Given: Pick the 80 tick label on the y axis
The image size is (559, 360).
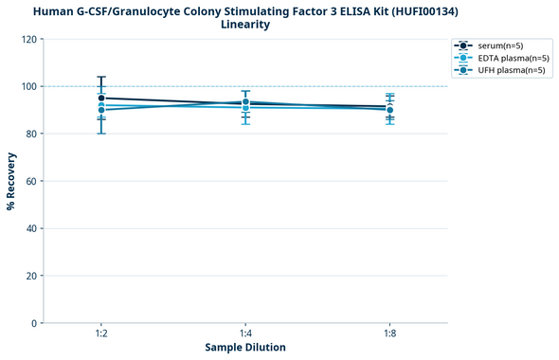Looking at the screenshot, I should point(32,134).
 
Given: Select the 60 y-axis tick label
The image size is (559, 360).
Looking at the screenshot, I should point(32,181).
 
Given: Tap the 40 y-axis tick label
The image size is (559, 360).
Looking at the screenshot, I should point(32,228).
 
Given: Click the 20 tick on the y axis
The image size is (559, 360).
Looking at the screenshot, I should point(32,276).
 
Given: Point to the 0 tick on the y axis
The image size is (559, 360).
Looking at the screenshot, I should point(35,323).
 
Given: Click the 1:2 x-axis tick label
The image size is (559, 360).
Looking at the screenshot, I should point(101,334).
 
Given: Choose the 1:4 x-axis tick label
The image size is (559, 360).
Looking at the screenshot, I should point(245,334).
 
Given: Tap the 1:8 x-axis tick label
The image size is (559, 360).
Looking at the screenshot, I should point(389,334).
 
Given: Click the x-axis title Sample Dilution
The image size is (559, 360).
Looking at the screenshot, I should point(245,348).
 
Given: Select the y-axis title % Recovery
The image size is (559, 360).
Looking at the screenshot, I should point(11,181).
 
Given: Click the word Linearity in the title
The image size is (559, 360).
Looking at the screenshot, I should point(245,25).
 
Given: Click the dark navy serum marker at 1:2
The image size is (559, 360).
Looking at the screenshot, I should point(101,98).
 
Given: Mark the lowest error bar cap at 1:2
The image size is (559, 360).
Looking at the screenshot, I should point(101,134).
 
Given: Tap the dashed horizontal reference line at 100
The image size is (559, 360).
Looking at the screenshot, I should point(313,86).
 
